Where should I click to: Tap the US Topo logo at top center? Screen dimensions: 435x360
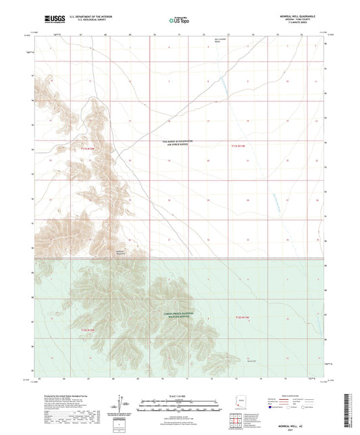point(178,20)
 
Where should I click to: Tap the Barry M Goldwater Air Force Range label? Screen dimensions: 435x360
point(176,143)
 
